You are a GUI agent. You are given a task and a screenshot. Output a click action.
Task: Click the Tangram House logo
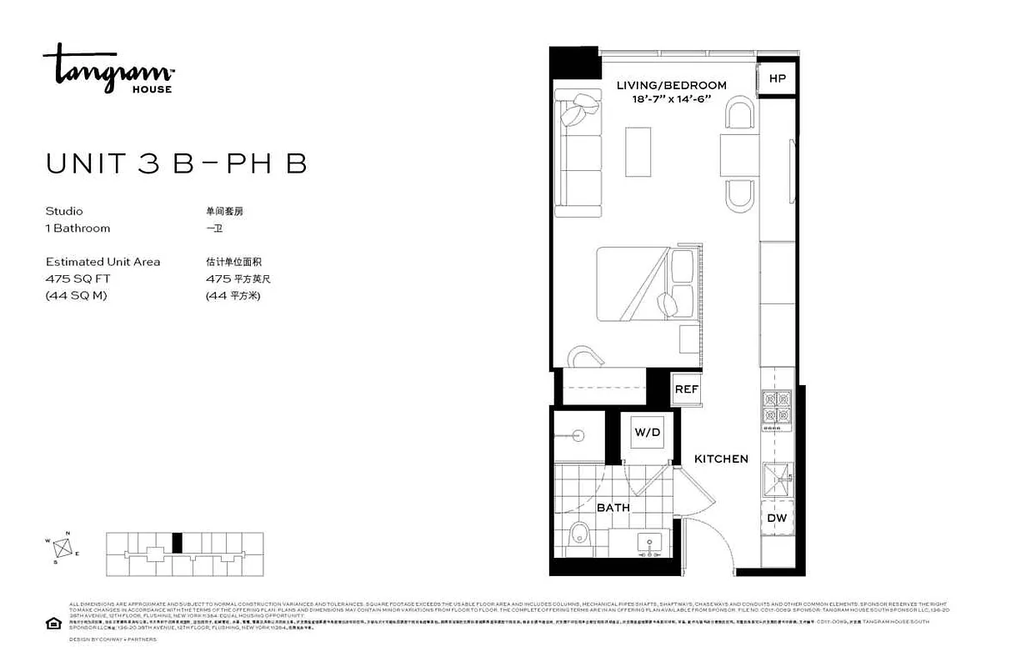tap(108, 68)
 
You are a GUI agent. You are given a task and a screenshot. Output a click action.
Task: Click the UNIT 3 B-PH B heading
tap(177, 164)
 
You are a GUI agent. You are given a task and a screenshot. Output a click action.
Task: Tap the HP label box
tap(777, 78)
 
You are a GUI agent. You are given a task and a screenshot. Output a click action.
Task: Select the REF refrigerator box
tap(686, 389)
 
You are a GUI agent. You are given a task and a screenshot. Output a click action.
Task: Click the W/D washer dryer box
tap(647, 433)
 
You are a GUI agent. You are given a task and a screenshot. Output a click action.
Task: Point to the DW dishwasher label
tap(776, 518)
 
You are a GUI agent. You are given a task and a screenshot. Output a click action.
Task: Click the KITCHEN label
tap(721, 459)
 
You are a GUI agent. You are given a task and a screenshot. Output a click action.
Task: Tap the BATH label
tap(613, 507)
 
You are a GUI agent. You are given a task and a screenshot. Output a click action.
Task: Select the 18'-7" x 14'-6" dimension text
tap(671, 99)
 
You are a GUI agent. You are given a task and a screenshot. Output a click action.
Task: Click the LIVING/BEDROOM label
tap(671, 85)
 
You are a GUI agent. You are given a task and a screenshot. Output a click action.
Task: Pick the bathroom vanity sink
tap(649, 543)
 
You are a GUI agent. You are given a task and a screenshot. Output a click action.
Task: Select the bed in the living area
tap(646, 283)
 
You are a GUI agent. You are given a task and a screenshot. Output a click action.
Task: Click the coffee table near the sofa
tap(638, 151)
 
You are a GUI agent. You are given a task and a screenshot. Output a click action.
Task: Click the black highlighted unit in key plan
tap(176, 542)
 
